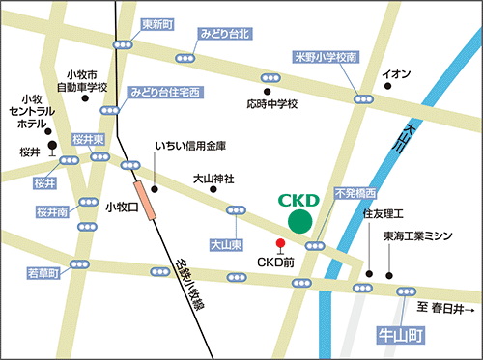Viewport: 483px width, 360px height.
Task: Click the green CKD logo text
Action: click(298, 201)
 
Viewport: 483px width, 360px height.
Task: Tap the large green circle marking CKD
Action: click(300, 222)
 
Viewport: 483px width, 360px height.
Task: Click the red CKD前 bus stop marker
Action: click(280, 242)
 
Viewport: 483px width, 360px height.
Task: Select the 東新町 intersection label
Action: click(157, 23)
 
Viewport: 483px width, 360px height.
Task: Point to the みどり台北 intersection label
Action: click(225, 34)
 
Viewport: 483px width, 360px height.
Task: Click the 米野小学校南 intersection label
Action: click(327, 58)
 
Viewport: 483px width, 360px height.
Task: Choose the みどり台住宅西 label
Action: click(165, 92)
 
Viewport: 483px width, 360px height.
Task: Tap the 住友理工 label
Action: click(382, 209)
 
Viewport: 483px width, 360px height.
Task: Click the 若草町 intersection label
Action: click(42, 274)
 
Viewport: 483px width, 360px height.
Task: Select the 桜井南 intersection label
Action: click(52, 210)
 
